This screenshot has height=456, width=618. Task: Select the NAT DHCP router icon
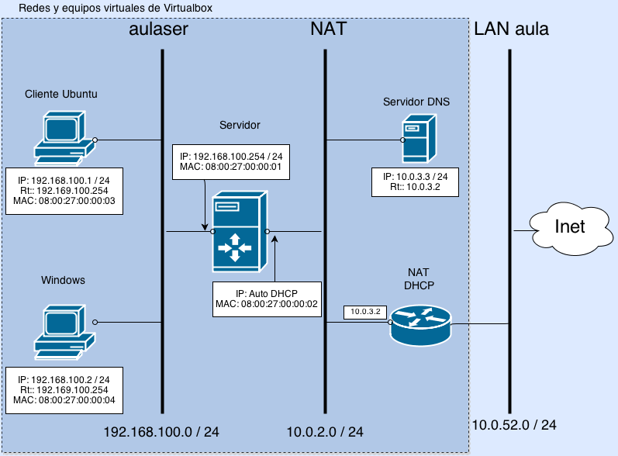click(420, 324)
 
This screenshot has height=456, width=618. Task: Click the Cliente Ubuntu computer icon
click(64, 138)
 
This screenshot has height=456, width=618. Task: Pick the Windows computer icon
click(64, 331)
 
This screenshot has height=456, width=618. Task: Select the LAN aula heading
click(512, 30)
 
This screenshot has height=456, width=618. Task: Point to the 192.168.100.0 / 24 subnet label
click(161, 431)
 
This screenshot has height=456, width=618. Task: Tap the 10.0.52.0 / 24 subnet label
click(514, 425)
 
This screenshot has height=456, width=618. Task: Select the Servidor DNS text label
click(416, 102)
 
